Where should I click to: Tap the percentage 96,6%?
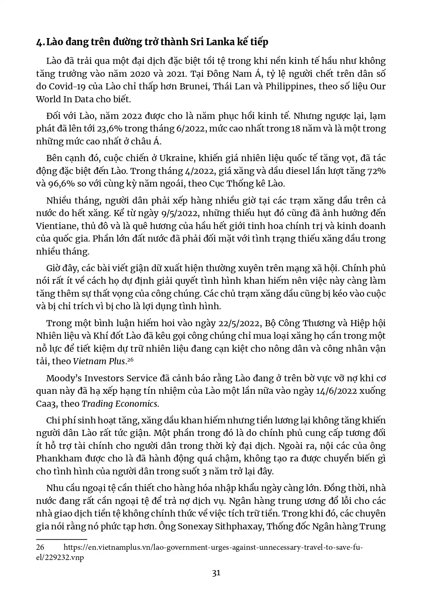tap(61, 184)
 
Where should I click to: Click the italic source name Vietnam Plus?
tap(99, 361)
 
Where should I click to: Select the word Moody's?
tap(63, 378)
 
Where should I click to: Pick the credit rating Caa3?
tap(46, 404)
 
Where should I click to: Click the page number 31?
tap(216, 573)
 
